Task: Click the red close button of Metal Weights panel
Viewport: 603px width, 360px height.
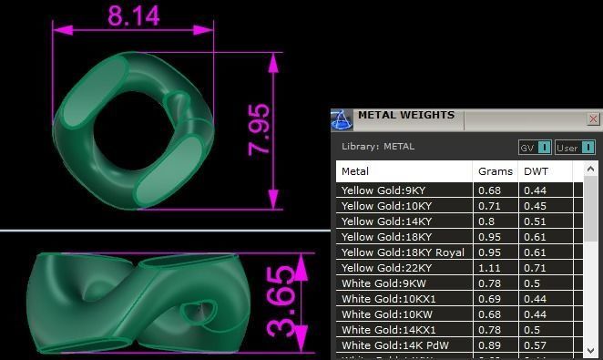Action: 593,118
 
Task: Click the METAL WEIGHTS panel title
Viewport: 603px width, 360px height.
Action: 405,116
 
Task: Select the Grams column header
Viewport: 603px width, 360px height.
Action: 488,170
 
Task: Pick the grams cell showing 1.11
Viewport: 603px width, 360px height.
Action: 490,268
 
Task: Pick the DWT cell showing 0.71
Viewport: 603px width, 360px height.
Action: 535,268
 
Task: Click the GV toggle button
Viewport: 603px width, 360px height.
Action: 535,147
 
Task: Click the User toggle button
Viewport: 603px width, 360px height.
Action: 575,147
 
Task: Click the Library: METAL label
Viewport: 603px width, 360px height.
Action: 377,146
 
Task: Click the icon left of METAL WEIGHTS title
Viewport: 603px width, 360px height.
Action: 342,119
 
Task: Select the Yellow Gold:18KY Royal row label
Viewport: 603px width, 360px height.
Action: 402,252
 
